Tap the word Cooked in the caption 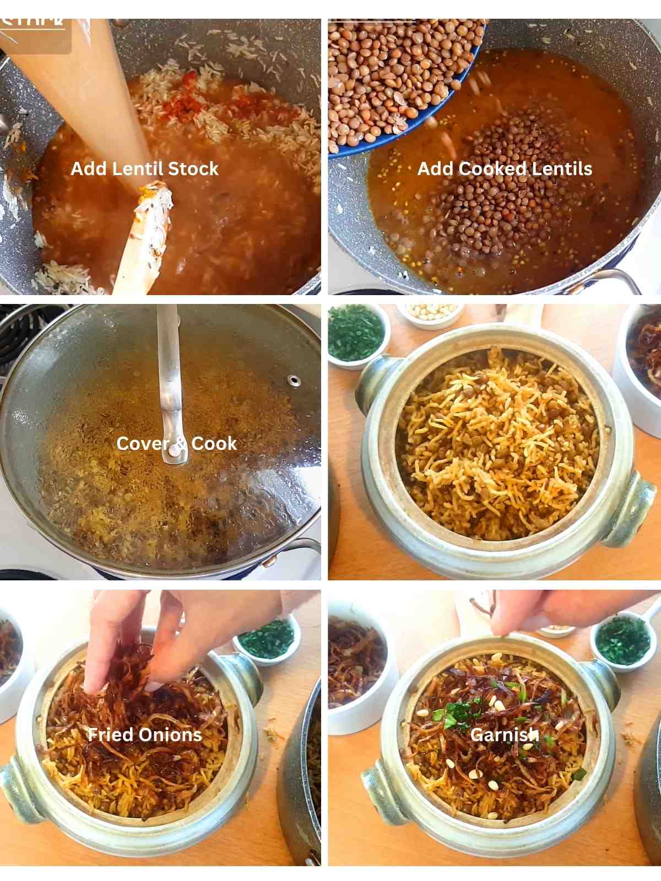tap(485, 168)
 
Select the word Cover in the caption tap(139, 443)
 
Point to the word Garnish tap(505, 735)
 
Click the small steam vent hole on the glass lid tap(294, 380)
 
